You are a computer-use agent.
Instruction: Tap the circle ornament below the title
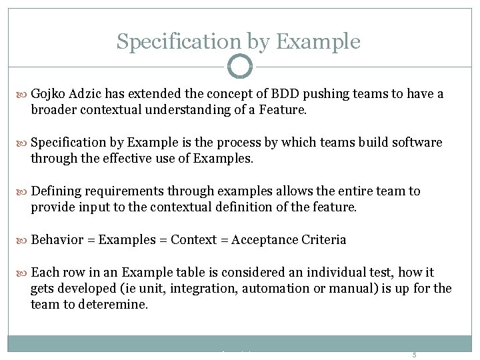pos(240,67)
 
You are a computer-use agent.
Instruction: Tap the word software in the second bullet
pos(417,143)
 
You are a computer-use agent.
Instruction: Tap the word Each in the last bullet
pos(45,272)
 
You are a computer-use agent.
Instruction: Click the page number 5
pos(414,355)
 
